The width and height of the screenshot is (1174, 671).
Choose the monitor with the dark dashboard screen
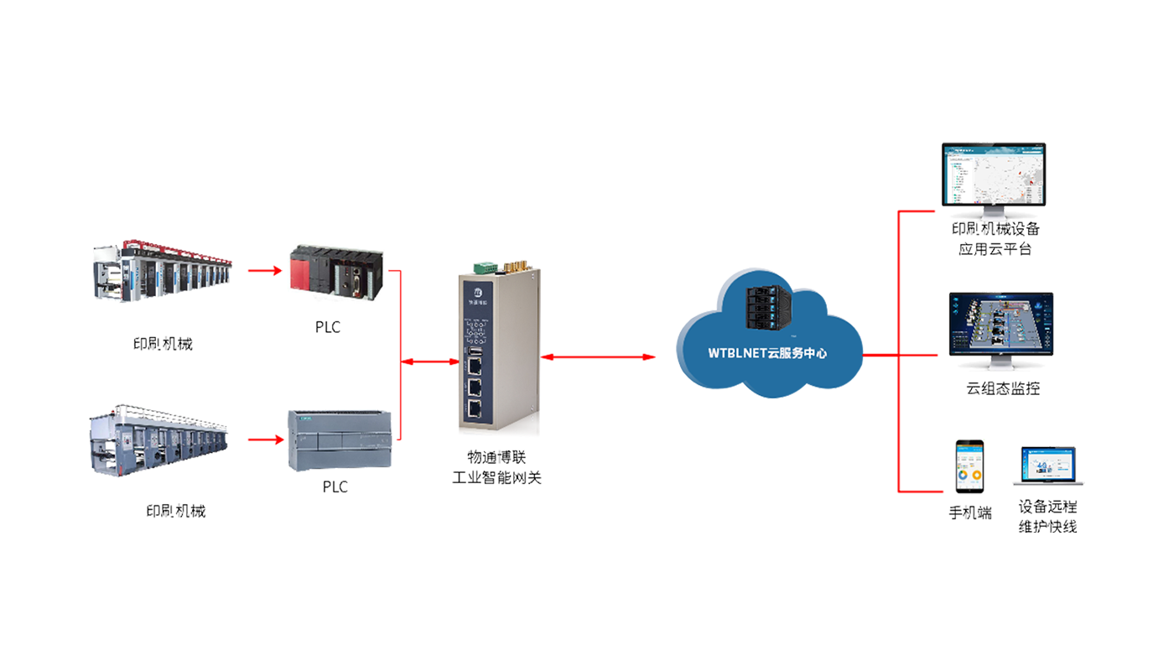tap(999, 330)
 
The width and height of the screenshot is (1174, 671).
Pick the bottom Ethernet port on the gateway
tap(475, 408)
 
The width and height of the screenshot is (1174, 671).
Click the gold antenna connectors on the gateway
tap(517, 267)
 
